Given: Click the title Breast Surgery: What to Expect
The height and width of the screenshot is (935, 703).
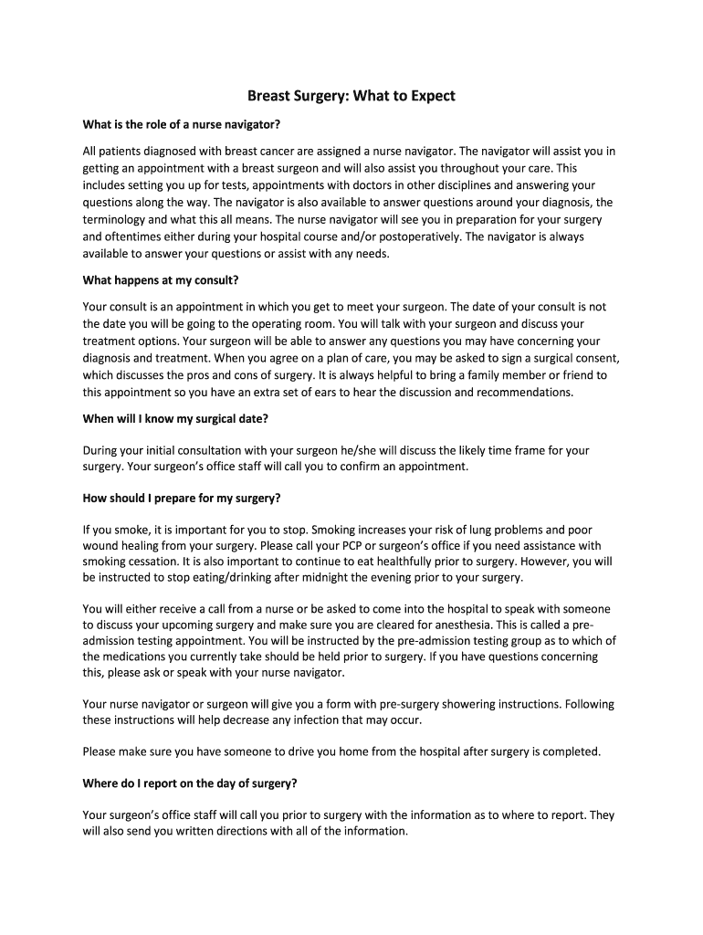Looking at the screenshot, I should pyautogui.click(x=351, y=95).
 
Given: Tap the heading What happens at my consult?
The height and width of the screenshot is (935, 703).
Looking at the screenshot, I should pyautogui.click(x=160, y=279).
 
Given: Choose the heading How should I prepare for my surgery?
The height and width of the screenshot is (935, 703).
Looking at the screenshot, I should pyautogui.click(x=182, y=499).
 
